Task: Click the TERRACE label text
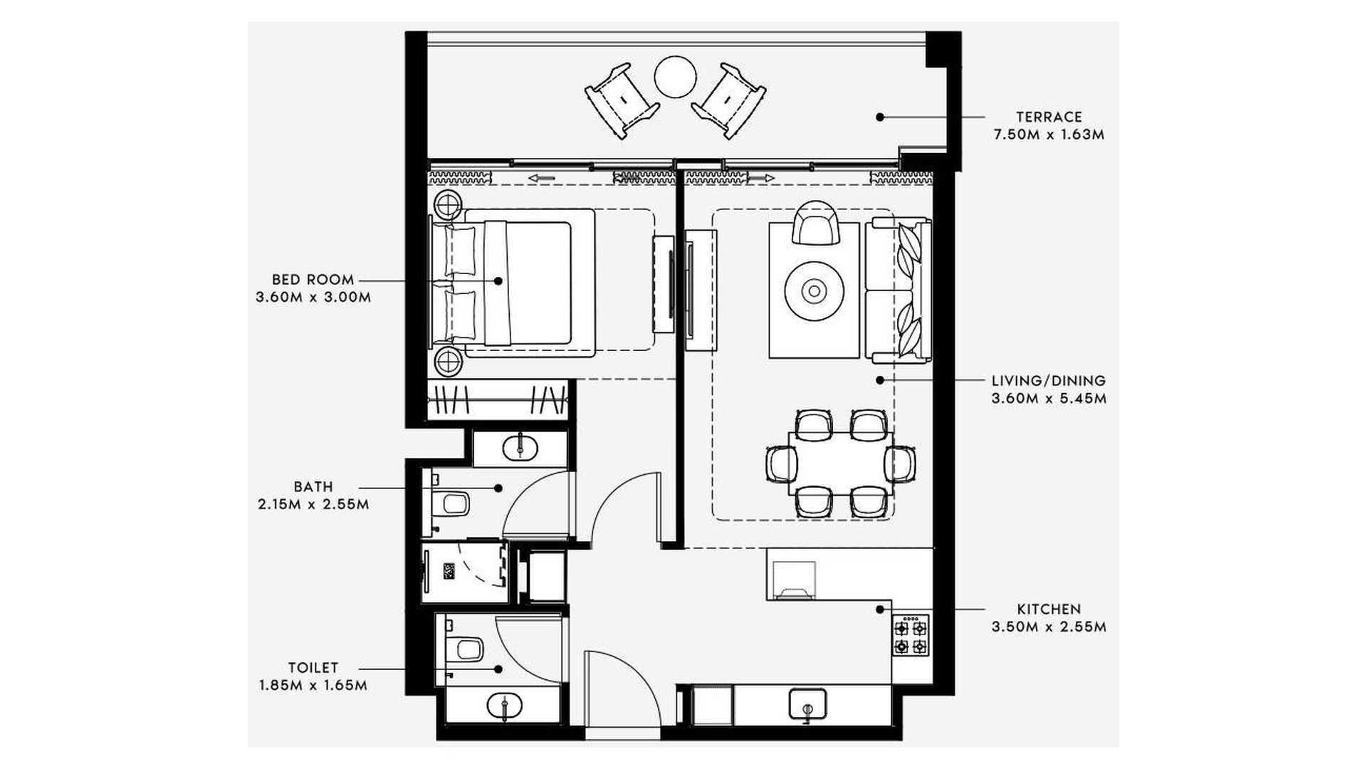point(1049,117)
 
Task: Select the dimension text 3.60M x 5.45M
point(1049,399)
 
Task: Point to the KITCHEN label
point(1049,610)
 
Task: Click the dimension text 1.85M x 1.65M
point(313,686)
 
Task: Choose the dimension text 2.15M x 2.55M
point(313,505)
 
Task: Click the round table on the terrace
point(675,77)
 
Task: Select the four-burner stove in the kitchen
point(911,636)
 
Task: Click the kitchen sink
point(807,704)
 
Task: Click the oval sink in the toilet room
point(504,706)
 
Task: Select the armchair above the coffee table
point(815,222)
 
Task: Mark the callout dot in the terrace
point(880,117)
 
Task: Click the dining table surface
point(840,463)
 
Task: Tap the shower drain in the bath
point(449,571)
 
